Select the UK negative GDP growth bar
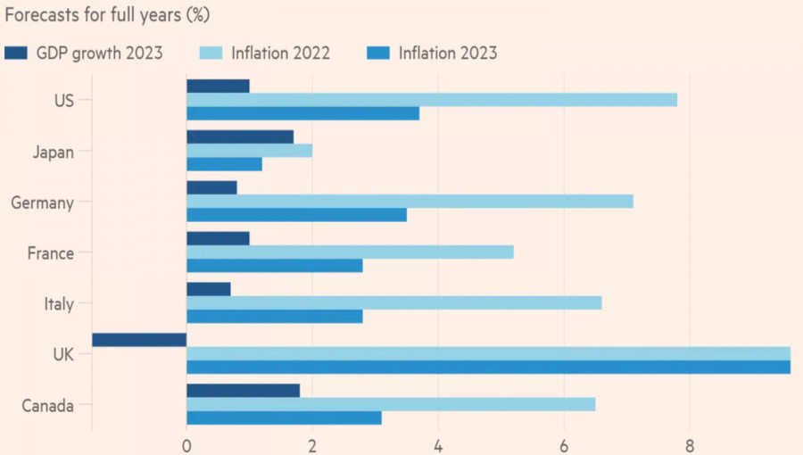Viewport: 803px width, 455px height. (x=139, y=339)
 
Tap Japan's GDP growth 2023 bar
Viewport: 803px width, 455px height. (x=240, y=136)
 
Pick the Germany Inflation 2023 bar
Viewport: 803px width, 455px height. (x=296, y=215)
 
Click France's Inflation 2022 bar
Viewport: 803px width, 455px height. (x=350, y=252)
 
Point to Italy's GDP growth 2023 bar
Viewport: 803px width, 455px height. (x=209, y=289)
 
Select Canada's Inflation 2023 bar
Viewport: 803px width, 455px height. (x=284, y=418)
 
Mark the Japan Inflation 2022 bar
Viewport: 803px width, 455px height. (x=249, y=150)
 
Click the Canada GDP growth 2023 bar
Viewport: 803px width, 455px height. (x=243, y=391)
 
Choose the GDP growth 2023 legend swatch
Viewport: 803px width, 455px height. (x=17, y=54)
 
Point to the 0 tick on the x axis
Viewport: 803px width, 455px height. (x=186, y=443)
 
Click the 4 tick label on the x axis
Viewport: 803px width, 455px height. (x=438, y=443)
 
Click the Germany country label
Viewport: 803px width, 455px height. (x=42, y=203)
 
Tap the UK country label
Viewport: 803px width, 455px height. (x=62, y=354)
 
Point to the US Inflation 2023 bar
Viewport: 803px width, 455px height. (x=302, y=113)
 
